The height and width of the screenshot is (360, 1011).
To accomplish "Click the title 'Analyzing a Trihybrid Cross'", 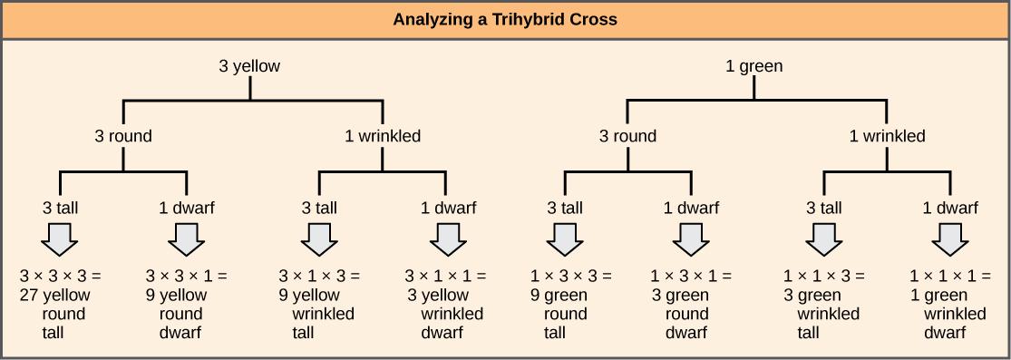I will pyautogui.click(x=505, y=19).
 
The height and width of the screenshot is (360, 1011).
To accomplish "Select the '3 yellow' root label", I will pyautogui.click(x=249, y=66).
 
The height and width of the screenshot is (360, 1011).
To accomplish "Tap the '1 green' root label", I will pyautogui.click(x=754, y=66).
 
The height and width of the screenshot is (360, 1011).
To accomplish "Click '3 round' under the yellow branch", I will pyautogui.click(x=123, y=137).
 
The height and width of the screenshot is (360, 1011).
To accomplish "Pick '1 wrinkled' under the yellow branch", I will pyautogui.click(x=383, y=137).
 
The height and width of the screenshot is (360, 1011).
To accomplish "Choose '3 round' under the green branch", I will pyautogui.click(x=627, y=137).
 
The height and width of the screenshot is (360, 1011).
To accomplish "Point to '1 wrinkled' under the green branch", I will pyautogui.click(x=887, y=137).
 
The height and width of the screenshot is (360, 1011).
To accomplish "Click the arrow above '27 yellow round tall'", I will pyautogui.click(x=60, y=240).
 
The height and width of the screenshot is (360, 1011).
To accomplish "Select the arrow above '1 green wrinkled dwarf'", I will pyautogui.click(x=950, y=240).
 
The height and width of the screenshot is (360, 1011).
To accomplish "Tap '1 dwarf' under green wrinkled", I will pyautogui.click(x=950, y=208).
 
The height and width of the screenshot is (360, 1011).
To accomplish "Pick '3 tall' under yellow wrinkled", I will pyautogui.click(x=318, y=208).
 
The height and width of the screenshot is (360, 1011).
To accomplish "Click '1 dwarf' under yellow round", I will pyautogui.click(x=187, y=208).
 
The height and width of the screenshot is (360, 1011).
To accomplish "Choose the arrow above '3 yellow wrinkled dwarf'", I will pyautogui.click(x=446, y=240).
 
